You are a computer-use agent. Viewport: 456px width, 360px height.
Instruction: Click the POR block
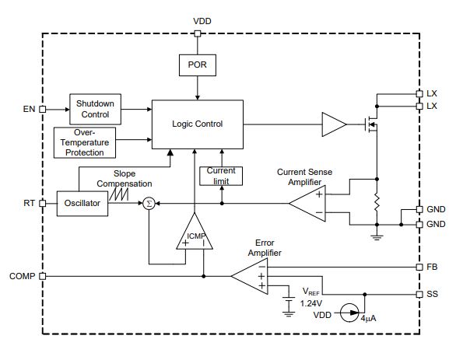198,65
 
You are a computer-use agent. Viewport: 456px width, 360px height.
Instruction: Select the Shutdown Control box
96,109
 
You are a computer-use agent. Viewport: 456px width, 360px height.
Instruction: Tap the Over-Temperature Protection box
85,142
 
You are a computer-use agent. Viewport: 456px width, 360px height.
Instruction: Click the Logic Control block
198,124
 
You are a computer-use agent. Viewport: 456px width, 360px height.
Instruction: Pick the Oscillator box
82,204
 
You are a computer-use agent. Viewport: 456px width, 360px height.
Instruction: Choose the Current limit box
221,176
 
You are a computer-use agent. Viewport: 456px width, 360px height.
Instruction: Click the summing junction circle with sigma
149,204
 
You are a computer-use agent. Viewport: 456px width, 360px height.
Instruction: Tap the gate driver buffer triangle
334,124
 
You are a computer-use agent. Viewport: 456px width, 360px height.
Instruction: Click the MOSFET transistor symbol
371,124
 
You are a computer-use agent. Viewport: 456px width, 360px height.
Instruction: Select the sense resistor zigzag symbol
377,202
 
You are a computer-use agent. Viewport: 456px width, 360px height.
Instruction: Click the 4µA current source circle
349,313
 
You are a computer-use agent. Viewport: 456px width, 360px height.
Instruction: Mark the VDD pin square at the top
198,33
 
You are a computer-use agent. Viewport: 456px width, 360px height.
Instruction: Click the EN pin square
43,110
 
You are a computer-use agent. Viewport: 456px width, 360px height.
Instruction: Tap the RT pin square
43,204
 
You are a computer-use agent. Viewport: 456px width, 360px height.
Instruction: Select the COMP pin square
43,276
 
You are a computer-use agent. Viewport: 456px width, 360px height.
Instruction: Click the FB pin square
419,267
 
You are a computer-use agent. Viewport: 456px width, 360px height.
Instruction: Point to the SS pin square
419,295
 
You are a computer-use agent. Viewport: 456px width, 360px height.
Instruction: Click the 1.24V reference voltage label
311,304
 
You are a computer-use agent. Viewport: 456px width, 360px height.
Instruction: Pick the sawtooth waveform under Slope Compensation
118,194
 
